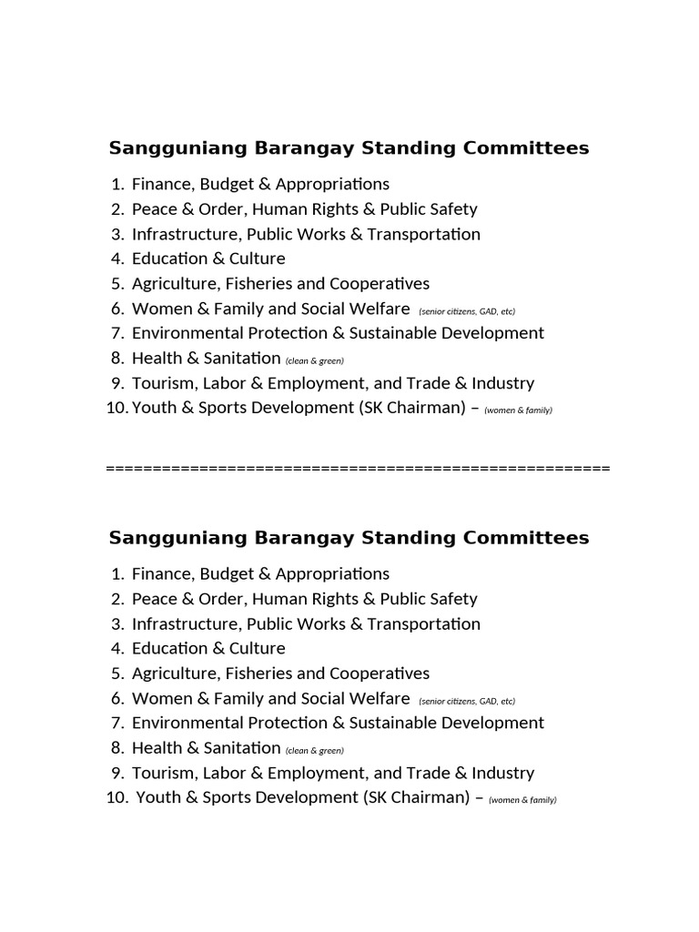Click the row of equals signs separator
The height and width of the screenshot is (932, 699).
pos(358,469)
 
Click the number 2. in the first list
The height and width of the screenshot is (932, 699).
pos(116,209)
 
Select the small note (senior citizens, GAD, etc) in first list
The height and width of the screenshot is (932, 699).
pos(467,311)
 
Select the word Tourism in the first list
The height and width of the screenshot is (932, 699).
pos(161,383)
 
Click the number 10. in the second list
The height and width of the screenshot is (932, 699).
pos(117,797)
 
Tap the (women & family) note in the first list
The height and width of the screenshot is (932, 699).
pos(518,410)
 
